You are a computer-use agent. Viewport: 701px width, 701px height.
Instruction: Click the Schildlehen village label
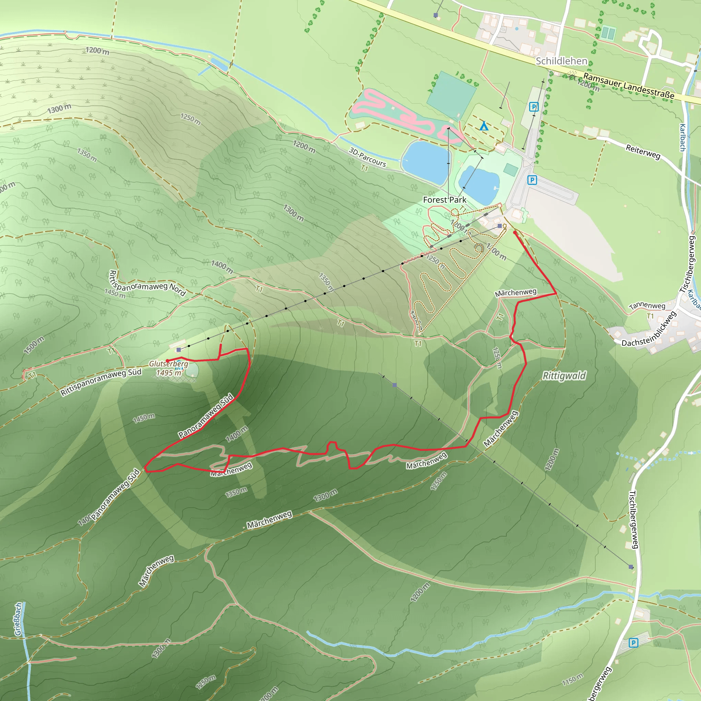pos(561,61)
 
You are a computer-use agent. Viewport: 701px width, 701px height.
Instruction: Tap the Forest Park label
pos(445,200)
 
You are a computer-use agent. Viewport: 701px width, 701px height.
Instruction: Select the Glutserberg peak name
pos(169,364)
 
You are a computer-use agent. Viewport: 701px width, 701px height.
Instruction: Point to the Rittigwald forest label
pos(564,376)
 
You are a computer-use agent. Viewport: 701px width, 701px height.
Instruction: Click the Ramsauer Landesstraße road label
pos(629,86)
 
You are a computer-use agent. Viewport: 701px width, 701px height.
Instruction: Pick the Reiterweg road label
pos(643,152)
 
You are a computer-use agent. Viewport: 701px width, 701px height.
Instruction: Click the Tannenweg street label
pos(647,306)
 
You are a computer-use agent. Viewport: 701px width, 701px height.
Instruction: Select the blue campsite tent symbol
pos(484,126)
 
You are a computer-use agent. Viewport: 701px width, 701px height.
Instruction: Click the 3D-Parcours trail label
pos(367,156)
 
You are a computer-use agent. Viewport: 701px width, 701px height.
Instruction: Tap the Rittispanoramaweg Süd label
pos(101,382)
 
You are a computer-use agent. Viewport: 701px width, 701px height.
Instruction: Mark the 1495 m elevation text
pos(169,373)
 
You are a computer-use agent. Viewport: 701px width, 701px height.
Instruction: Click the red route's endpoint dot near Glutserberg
pos(167,361)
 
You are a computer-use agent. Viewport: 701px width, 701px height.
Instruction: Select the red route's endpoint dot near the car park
pos(514,232)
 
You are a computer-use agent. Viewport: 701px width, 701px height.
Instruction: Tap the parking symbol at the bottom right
pos(633,643)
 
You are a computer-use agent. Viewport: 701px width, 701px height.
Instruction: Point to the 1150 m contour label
pos(573,679)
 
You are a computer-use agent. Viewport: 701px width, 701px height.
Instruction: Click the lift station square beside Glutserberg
pos(179,350)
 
